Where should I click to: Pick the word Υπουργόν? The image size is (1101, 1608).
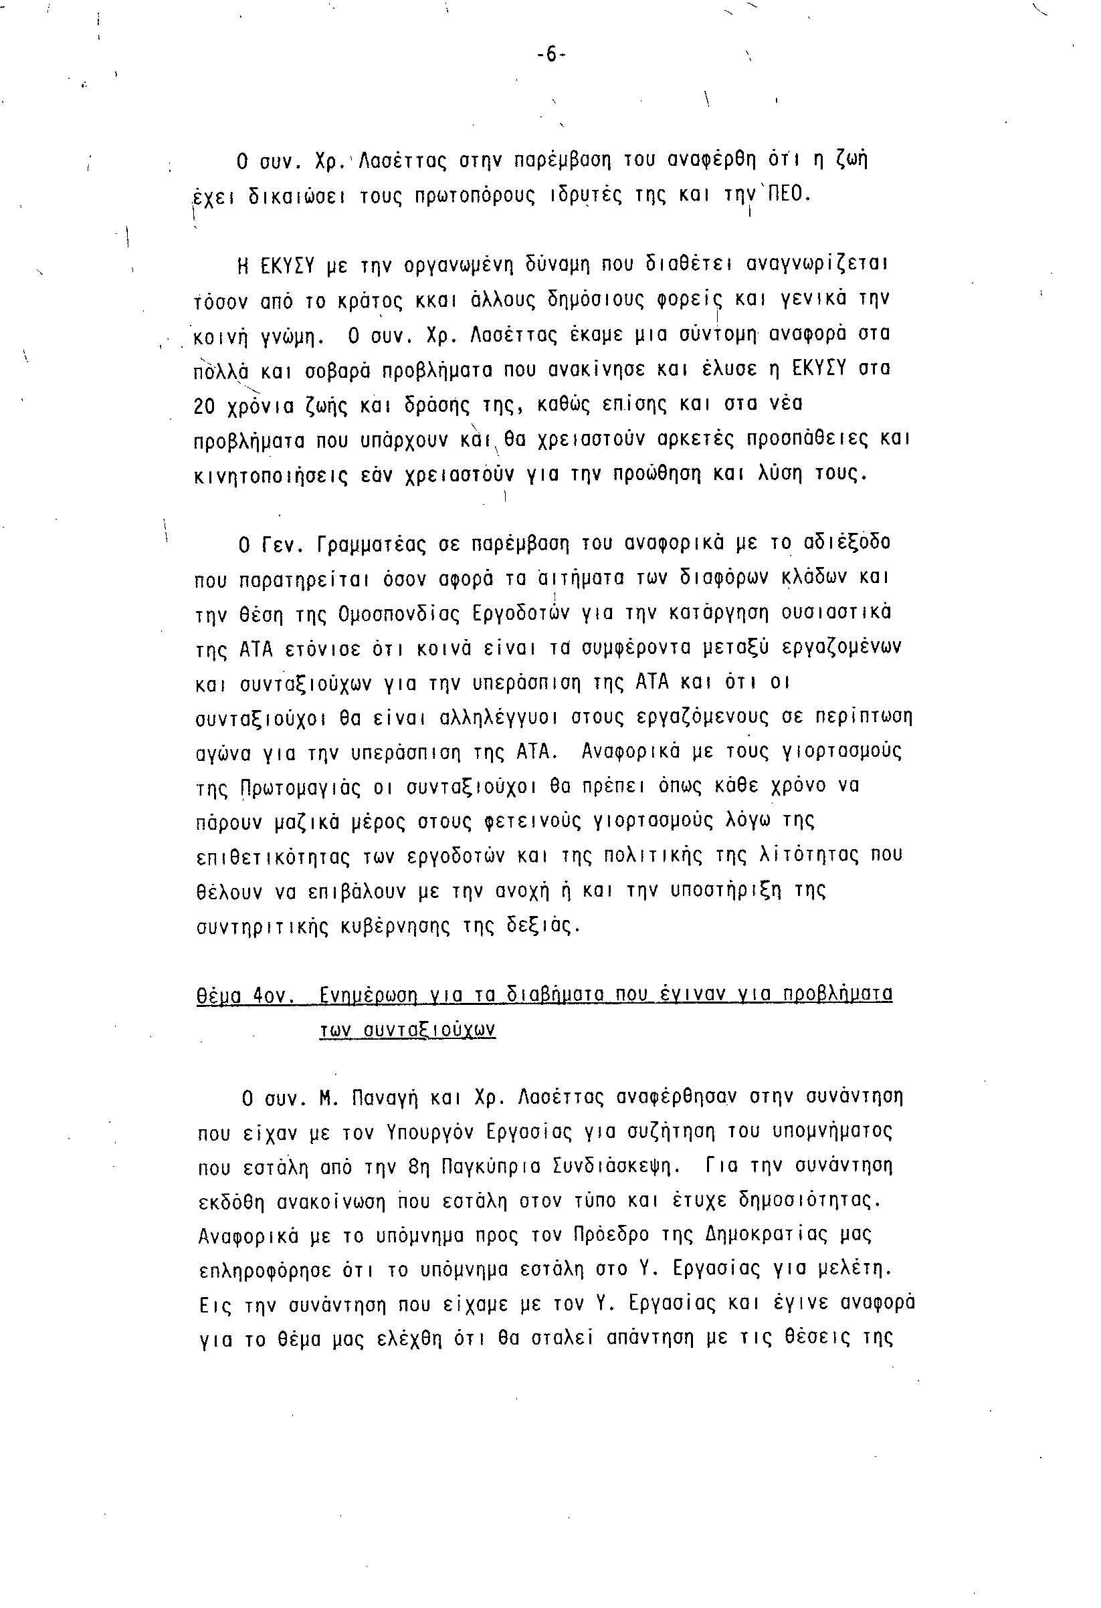coord(425,1134)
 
